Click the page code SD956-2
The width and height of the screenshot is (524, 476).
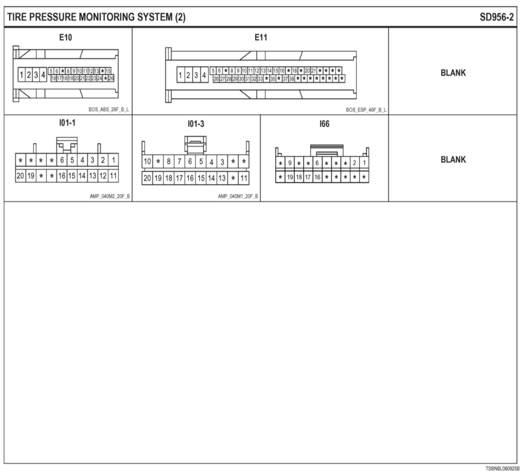tap(497, 17)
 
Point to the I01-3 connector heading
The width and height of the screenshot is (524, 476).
tap(196, 124)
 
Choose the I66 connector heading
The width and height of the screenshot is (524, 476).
tap(324, 124)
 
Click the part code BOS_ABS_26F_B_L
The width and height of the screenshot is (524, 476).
tap(109, 110)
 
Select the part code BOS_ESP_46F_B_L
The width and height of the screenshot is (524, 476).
tap(366, 110)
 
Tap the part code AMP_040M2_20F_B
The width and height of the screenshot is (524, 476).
tap(110, 196)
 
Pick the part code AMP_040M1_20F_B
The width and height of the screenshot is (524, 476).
tap(238, 196)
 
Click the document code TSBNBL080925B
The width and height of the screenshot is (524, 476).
tap(503, 469)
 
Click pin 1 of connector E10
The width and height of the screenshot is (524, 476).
tap(21, 75)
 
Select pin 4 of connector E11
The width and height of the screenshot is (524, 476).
tap(204, 75)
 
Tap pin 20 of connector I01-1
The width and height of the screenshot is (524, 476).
tap(20, 176)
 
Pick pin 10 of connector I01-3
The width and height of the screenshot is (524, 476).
tap(147, 162)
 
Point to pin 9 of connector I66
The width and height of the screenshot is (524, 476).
tap(290, 163)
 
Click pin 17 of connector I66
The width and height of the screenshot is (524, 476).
tap(308, 177)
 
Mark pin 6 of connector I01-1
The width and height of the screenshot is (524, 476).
tap(62, 160)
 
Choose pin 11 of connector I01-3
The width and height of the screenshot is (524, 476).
tap(244, 178)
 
